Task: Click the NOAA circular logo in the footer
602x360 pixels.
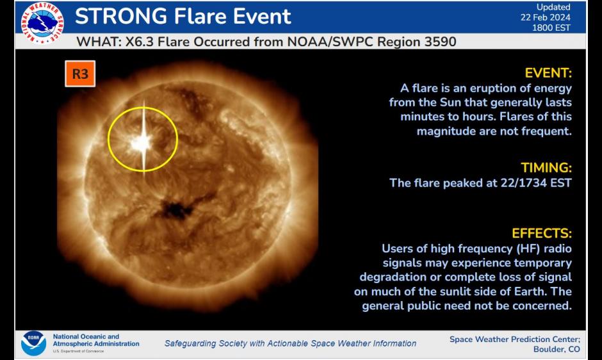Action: point(33,343)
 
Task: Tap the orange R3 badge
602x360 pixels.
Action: point(80,74)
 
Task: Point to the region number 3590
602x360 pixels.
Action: point(435,42)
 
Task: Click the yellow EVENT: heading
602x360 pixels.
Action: point(548,72)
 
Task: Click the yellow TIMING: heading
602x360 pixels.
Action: point(546,168)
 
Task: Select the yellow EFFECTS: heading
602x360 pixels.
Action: point(542,233)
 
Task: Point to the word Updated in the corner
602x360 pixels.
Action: point(553,7)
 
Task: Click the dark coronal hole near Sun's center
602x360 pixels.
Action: point(176,209)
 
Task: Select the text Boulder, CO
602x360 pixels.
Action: point(556,349)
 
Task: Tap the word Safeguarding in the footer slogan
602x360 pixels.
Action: point(192,343)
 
